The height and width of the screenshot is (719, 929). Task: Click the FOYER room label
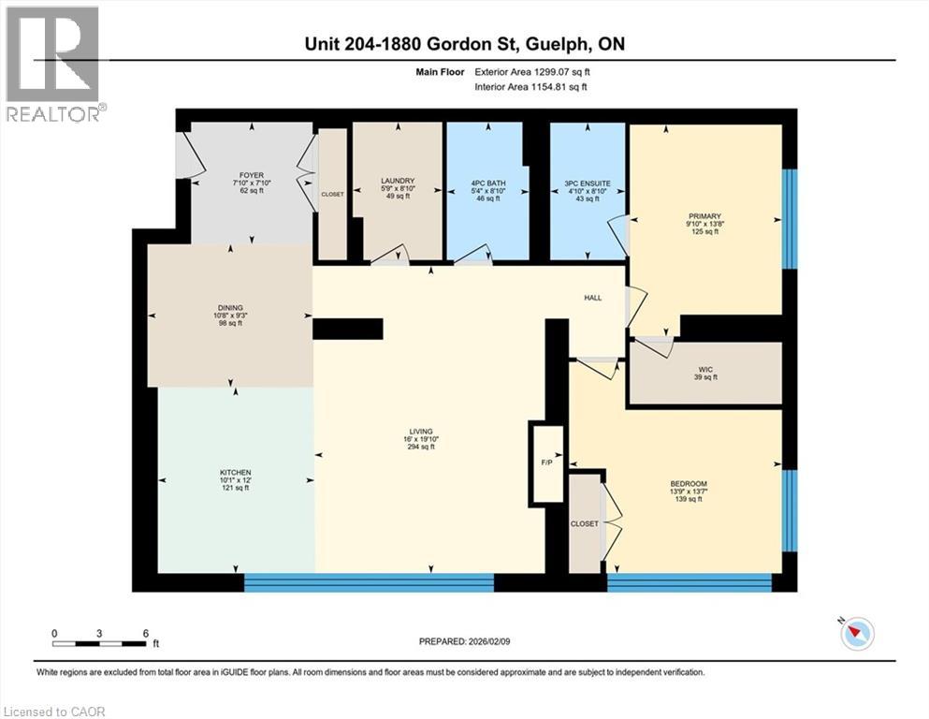click(251, 174)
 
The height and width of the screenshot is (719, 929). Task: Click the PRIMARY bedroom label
click(704, 215)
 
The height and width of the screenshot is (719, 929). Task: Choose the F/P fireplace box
click(548, 463)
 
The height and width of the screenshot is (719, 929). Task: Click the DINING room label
click(230, 307)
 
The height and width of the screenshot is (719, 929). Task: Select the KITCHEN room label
click(236, 472)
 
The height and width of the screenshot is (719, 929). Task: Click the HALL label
click(592, 298)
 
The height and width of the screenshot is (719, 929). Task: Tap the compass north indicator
click(855, 634)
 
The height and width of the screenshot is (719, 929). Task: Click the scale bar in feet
click(99, 643)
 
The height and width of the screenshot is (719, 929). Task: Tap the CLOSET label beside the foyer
click(332, 194)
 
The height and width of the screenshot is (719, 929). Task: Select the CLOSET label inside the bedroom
click(585, 523)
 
